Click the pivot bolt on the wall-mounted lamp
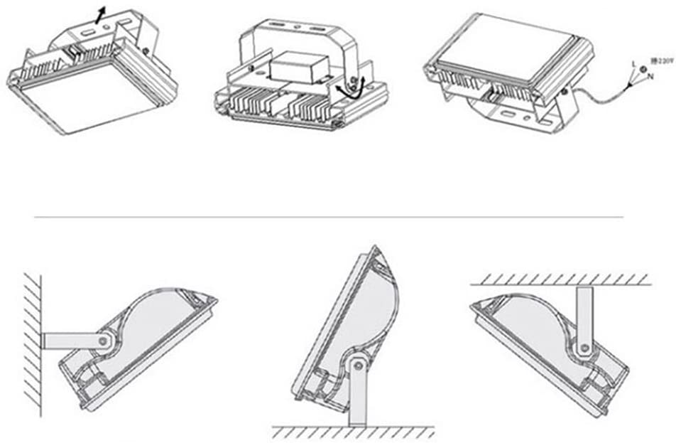click(x=104, y=341)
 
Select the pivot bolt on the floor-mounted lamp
click(x=357, y=365)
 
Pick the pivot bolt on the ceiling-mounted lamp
click(x=585, y=348)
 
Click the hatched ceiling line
click(x=561, y=278)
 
